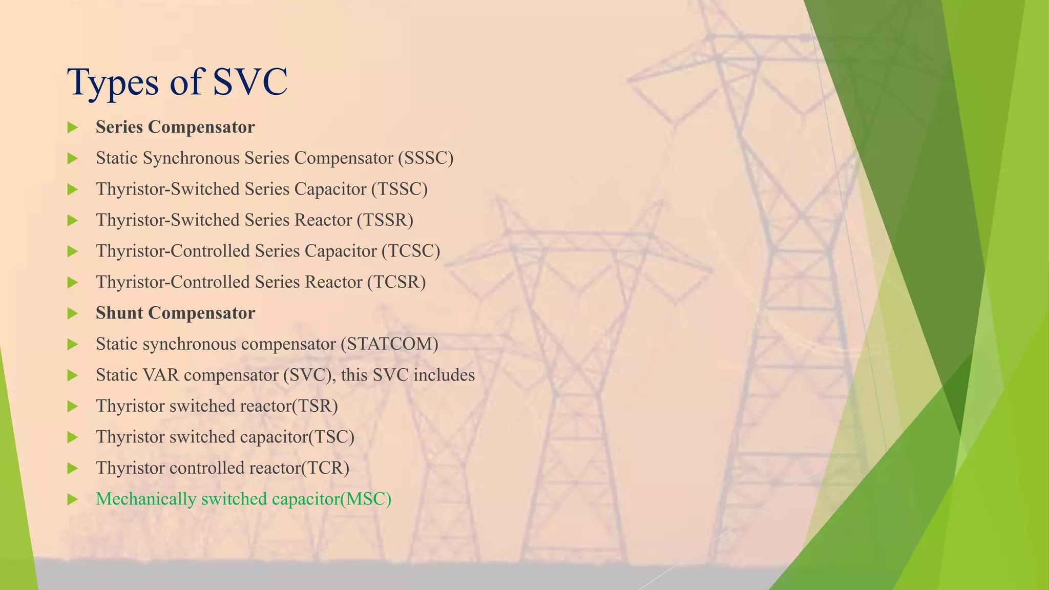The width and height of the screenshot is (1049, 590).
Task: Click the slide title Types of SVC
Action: tap(177, 82)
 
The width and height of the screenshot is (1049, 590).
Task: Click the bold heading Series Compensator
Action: tap(175, 127)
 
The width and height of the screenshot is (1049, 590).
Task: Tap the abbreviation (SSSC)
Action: tap(426, 158)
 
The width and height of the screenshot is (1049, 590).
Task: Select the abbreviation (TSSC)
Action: tap(399, 189)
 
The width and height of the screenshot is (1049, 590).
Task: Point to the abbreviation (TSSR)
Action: tap(385, 220)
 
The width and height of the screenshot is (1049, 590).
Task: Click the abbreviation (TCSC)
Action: tap(411, 251)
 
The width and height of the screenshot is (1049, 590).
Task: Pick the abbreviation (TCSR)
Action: tap(396, 282)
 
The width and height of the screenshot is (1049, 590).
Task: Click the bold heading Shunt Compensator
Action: tap(175, 313)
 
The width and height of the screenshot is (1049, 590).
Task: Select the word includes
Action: tap(444, 375)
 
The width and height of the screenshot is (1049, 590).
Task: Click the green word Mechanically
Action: tap(146, 499)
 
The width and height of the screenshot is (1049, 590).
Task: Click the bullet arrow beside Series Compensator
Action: tap(72, 128)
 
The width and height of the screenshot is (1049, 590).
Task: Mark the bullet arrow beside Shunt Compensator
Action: tap(72, 313)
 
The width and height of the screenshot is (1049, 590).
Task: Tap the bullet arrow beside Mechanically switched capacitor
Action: tap(72, 499)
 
